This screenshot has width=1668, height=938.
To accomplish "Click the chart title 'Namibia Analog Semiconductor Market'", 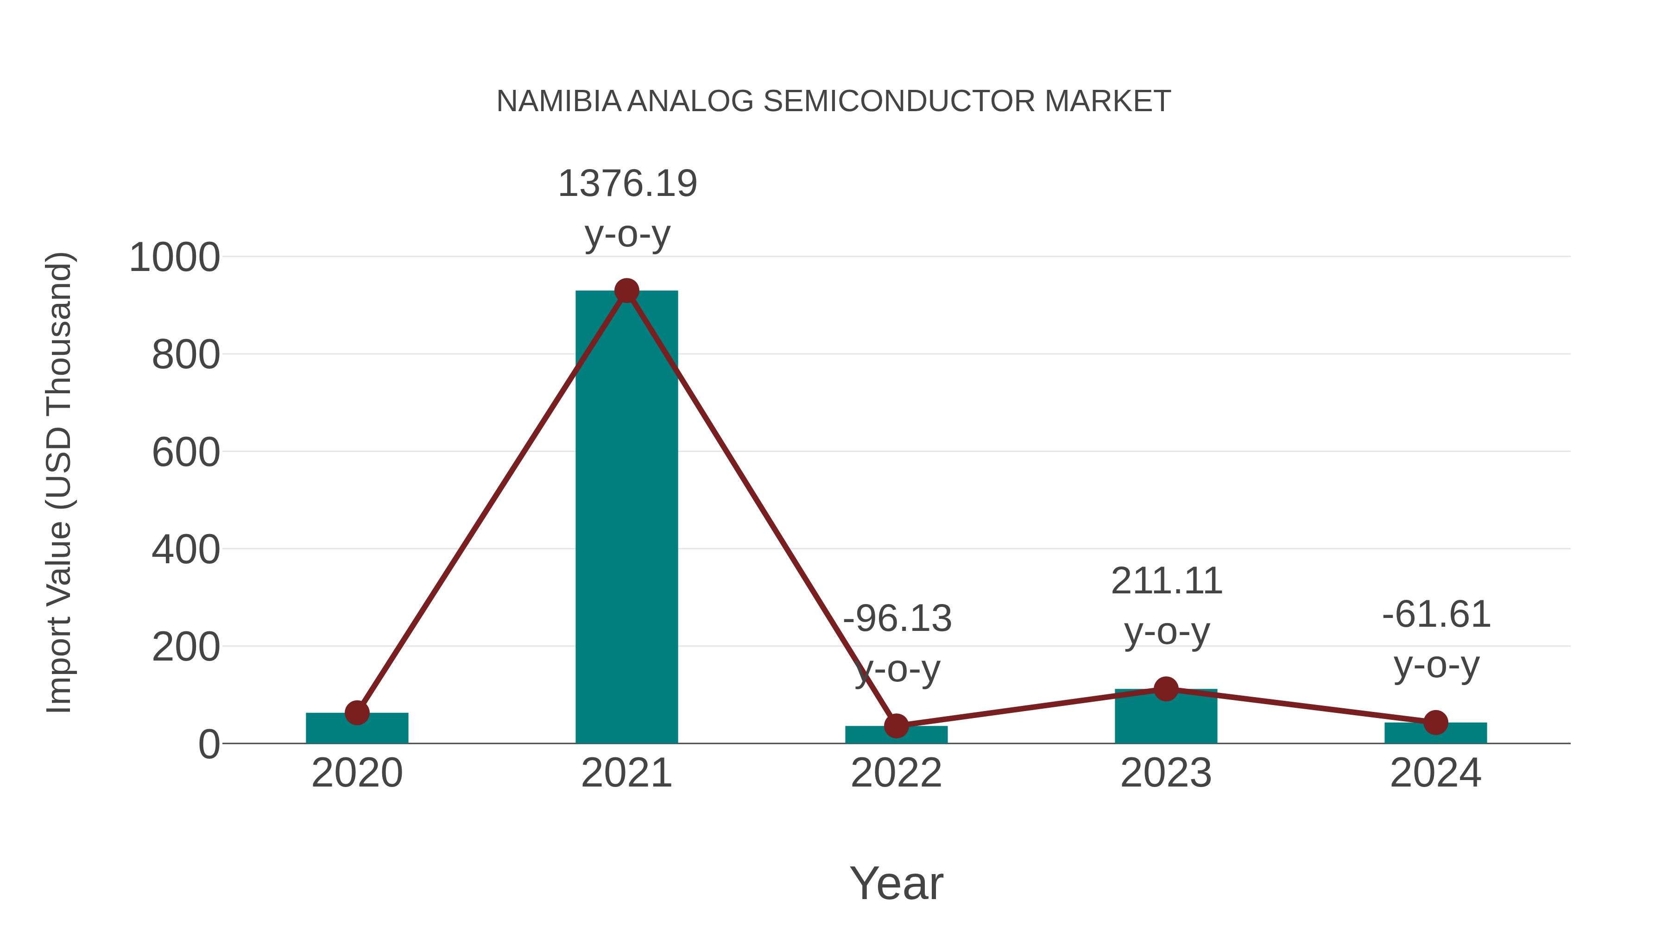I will point(834,101).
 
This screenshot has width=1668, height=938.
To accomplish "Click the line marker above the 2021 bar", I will point(626,291).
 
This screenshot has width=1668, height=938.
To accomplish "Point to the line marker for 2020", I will point(357,713).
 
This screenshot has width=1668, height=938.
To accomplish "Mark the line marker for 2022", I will point(896,726).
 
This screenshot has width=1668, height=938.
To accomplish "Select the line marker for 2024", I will point(1435,723).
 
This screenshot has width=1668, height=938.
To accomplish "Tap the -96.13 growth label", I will point(897,618).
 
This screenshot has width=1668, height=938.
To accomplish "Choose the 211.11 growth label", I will point(1166,581).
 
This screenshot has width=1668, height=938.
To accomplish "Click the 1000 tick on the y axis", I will point(174,258).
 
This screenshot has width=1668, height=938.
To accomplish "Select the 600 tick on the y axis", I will point(185,453).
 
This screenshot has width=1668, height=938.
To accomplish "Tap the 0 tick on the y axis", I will point(208,744).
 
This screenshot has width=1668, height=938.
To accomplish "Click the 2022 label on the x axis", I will point(896,773).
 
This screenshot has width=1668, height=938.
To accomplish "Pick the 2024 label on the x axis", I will point(1435,773).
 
